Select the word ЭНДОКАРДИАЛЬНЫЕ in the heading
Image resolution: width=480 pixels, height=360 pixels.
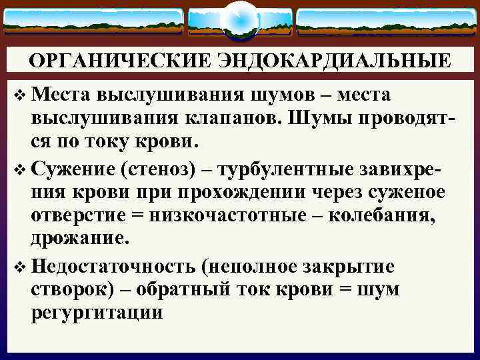tap(330, 61)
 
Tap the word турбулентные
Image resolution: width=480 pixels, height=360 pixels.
tap(279, 170)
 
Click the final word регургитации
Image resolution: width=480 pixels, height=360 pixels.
tap(97, 313)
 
